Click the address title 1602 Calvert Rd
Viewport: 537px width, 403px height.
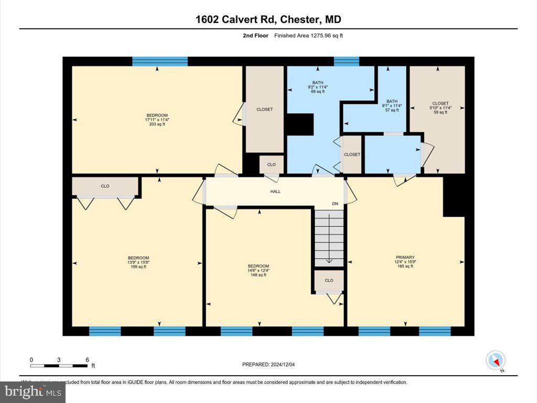click(x=268, y=20)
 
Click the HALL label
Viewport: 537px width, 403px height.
click(x=275, y=192)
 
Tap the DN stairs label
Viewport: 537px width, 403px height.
click(x=335, y=204)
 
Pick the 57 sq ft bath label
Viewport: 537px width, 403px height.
click(x=392, y=105)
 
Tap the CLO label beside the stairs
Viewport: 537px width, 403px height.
click(x=329, y=280)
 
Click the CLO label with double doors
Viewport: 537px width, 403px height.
click(x=105, y=186)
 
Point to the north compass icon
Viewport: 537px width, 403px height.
click(x=496, y=360)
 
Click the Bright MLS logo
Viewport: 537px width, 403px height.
click(x=33, y=391)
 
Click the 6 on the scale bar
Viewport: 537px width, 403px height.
click(x=87, y=359)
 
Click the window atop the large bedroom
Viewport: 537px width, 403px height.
click(x=159, y=61)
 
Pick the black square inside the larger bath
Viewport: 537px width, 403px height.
click(x=299, y=125)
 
